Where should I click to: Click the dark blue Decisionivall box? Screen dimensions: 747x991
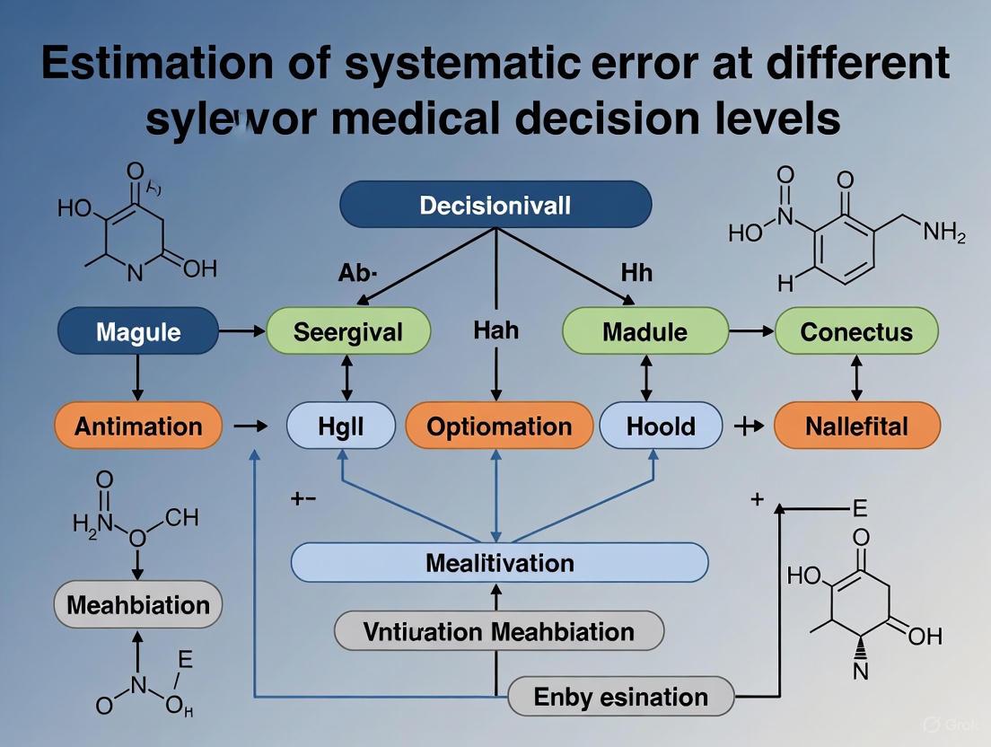tap(495, 205)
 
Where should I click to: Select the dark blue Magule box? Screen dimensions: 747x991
tap(138, 331)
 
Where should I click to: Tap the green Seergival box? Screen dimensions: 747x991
tap(348, 331)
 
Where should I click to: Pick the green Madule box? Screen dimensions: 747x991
tap(645, 331)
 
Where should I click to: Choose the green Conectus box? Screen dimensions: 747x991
tap(855, 331)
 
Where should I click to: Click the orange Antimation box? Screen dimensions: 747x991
tap(138, 426)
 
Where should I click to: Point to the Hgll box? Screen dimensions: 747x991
tap(341, 426)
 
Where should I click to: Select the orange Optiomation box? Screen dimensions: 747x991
tap(499, 426)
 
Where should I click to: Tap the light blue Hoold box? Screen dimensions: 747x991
tap(661, 426)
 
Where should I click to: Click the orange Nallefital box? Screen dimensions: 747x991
tap(856, 426)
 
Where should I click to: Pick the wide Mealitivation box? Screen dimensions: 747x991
tap(499, 563)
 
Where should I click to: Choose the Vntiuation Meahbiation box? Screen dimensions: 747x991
tap(499, 631)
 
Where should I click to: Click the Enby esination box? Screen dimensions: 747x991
tap(620, 697)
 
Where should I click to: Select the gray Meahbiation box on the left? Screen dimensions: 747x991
tap(138, 603)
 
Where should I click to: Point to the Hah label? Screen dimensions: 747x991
tap(495, 330)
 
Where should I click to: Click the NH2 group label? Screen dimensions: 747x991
tap(944, 236)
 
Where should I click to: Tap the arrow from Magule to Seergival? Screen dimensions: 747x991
tap(242, 331)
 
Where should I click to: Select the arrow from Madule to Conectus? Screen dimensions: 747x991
tap(750, 331)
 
